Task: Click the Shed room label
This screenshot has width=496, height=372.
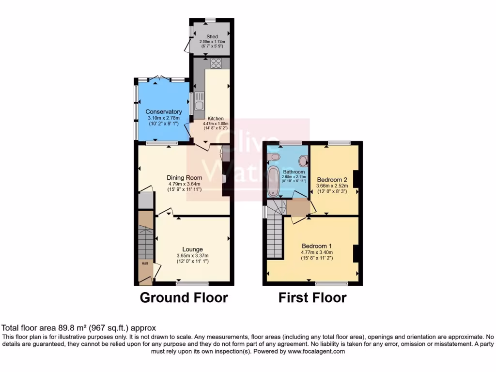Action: click(x=212, y=36)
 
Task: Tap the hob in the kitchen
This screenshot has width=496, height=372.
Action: click(x=216, y=63)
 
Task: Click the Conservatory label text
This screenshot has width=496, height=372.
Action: click(x=164, y=112)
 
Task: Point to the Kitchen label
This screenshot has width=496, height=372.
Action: click(x=216, y=118)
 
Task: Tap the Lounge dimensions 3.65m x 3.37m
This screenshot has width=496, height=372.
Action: click(x=192, y=256)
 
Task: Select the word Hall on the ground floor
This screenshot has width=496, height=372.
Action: click(x=145, y=263)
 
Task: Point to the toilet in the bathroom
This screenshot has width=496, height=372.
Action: click(x=274, y=157)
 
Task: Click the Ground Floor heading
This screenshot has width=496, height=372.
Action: click(x=184, y=297)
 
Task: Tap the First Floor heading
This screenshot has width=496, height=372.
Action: click(x=312, y=297)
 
